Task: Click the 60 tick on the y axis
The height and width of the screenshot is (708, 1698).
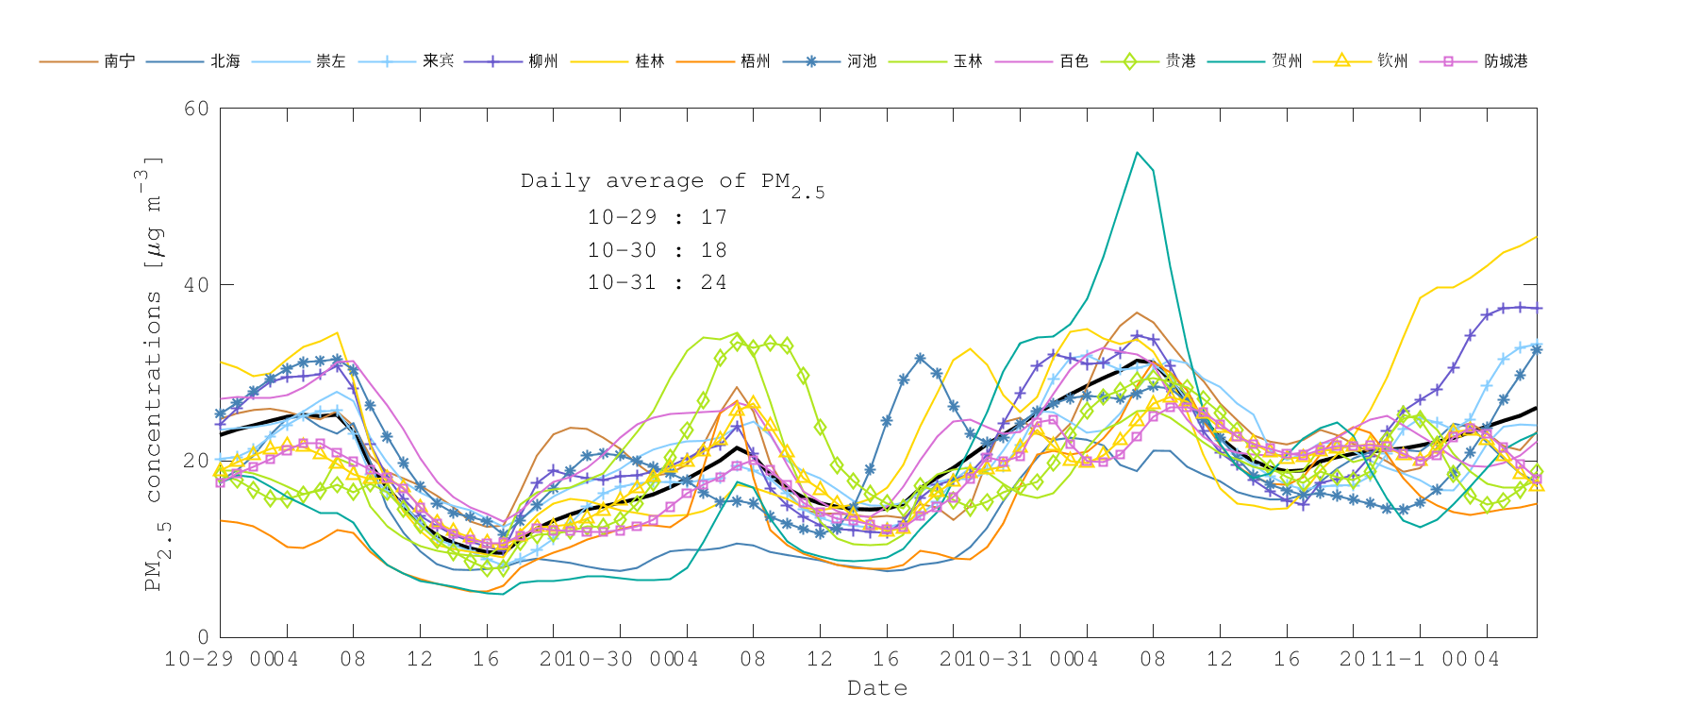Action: [196, 109]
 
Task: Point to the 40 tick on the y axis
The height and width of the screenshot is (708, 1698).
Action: [196, 285]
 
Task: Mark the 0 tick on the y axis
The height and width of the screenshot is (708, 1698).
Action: [203, 637]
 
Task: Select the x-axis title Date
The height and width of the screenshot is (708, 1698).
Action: [877, 688]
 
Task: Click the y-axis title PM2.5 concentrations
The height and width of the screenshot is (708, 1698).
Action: [154, 373]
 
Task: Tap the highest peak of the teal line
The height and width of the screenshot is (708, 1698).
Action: [1137, 152]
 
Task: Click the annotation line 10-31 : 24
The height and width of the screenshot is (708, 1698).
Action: [657, 282]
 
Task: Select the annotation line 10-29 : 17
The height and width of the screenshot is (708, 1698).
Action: [657, 217]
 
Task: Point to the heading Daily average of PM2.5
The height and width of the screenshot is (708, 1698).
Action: [672, 182]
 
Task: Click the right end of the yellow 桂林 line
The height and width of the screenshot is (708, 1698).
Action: [1536, 237]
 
